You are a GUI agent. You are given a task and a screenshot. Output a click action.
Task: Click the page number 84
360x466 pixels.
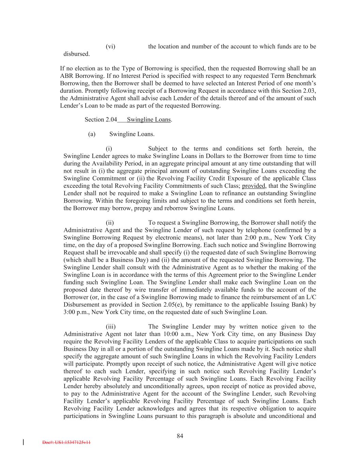(180, 436)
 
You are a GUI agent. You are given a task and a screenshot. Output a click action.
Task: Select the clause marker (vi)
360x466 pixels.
(110, 46)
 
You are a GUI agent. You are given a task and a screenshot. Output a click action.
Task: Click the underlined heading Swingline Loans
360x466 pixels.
(148, 119)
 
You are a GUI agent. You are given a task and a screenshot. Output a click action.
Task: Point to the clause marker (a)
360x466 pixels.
(91, 134)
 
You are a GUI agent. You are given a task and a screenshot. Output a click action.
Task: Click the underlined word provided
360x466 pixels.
(254, 186)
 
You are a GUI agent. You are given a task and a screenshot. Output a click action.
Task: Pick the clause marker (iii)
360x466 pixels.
(111, 327)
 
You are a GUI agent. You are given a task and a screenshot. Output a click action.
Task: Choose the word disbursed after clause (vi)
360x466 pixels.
(77, 54)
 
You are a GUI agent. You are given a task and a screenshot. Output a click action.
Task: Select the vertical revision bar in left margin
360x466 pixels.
(23, 442)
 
